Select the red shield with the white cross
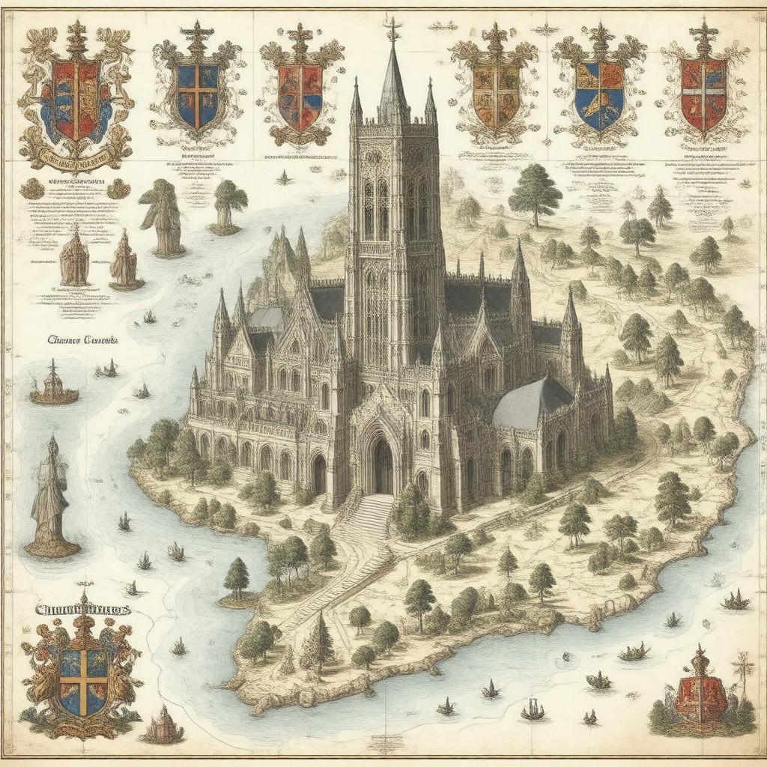point(703,93)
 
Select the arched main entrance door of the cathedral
point(382,466)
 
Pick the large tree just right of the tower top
point(535,191)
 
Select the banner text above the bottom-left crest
point(82,609)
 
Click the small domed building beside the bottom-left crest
point(162,726)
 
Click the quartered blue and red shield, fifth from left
point(599,95)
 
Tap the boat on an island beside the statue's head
point(54,387)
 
